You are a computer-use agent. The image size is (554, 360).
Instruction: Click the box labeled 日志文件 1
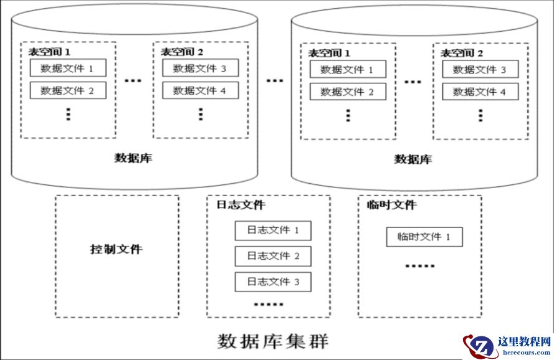[272, 230]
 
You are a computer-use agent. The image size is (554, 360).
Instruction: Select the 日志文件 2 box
[272, 256]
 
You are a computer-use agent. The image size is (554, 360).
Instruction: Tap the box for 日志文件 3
[272, 282]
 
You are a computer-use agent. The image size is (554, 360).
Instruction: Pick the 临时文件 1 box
[424, 237]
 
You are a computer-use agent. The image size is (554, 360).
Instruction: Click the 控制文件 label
[117, 250]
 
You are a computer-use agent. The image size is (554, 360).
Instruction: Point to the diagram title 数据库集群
[273, 341]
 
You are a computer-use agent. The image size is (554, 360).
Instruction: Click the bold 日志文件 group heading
[241, 205]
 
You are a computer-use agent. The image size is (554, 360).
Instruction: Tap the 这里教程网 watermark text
[524, 342]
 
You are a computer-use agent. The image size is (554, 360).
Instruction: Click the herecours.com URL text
[524, 353]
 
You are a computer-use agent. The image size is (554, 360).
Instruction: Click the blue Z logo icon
[480, 346]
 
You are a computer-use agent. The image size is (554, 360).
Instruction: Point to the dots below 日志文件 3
[269, 305]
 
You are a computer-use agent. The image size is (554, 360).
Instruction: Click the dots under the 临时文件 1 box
[420, 266]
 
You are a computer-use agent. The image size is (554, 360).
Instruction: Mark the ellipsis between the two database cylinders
[274, 81]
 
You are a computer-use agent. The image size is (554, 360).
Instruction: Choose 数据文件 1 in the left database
[67, 69]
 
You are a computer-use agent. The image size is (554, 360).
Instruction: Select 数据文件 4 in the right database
[480, 92]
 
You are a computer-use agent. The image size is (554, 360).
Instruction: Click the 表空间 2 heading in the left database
[182, 52]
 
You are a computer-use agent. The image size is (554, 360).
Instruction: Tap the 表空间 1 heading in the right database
[329, 53]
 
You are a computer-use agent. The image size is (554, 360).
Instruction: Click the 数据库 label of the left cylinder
[133, 158]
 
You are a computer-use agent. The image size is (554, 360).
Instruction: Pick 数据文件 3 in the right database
[480, 69]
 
